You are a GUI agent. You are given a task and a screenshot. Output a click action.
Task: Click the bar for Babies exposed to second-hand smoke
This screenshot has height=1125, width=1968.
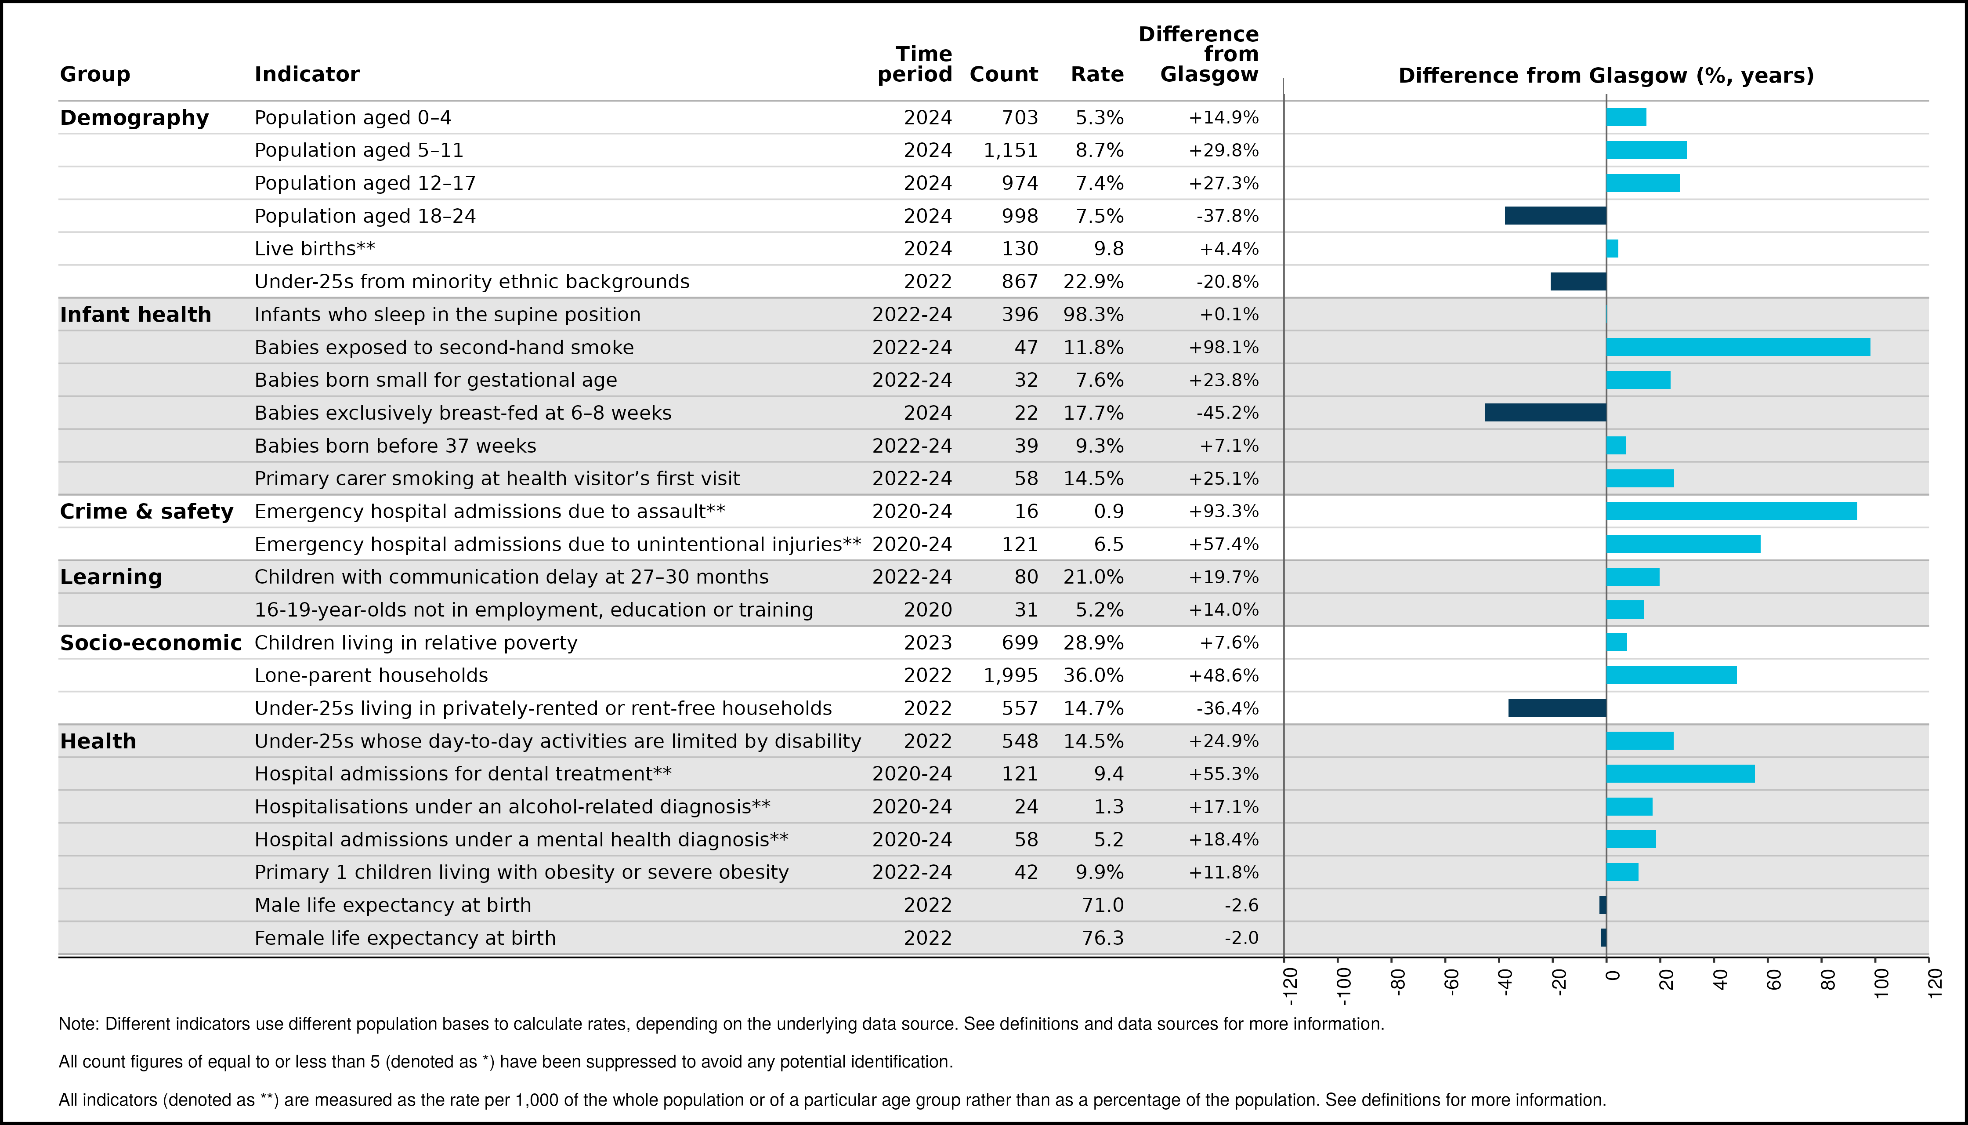click(x=1738, y=347)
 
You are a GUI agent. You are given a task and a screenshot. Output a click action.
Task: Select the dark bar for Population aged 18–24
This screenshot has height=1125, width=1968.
click(x=1556, y=216)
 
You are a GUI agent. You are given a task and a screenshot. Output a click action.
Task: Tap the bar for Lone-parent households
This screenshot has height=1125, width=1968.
click(x=1671, y=675)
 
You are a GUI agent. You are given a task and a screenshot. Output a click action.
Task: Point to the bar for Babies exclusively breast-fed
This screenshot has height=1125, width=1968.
click(x=1545, y=413)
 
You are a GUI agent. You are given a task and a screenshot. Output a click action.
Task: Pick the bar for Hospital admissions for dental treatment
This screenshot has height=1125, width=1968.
click(x=1681, y=773)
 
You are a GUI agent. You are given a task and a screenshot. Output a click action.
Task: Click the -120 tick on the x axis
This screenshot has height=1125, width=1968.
click(x=1284, y=960)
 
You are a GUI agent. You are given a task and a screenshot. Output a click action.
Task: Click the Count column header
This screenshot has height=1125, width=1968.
click(x=1003, y=74)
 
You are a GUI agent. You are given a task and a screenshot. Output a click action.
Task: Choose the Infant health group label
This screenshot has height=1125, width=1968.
click(x=135, y=315)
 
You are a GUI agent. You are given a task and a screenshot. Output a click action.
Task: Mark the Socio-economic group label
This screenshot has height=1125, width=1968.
click(x=151, y=643)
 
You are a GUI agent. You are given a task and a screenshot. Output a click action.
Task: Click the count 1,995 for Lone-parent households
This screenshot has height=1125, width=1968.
click(x=1011, y=676)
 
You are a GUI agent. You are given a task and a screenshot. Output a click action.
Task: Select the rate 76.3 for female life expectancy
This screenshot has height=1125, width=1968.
click(x=1103, y=938)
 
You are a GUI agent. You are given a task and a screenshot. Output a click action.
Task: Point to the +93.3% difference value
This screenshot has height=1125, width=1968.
click(x=1223, y=512)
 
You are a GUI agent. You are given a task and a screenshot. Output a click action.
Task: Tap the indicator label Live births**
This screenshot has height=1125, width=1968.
click(x=315, y=248)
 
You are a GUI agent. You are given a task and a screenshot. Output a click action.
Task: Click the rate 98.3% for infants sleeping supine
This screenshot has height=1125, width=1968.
click(x=1094, y=315)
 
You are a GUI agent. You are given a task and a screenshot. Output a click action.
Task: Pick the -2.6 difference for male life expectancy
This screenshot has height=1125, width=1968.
click(x=1241, y=905)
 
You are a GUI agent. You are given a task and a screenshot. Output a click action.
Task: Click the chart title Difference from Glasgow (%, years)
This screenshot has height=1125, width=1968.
click(x=1606, y=75)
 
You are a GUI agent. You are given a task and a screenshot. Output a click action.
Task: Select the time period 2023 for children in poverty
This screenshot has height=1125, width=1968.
click(x=928, y=643)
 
